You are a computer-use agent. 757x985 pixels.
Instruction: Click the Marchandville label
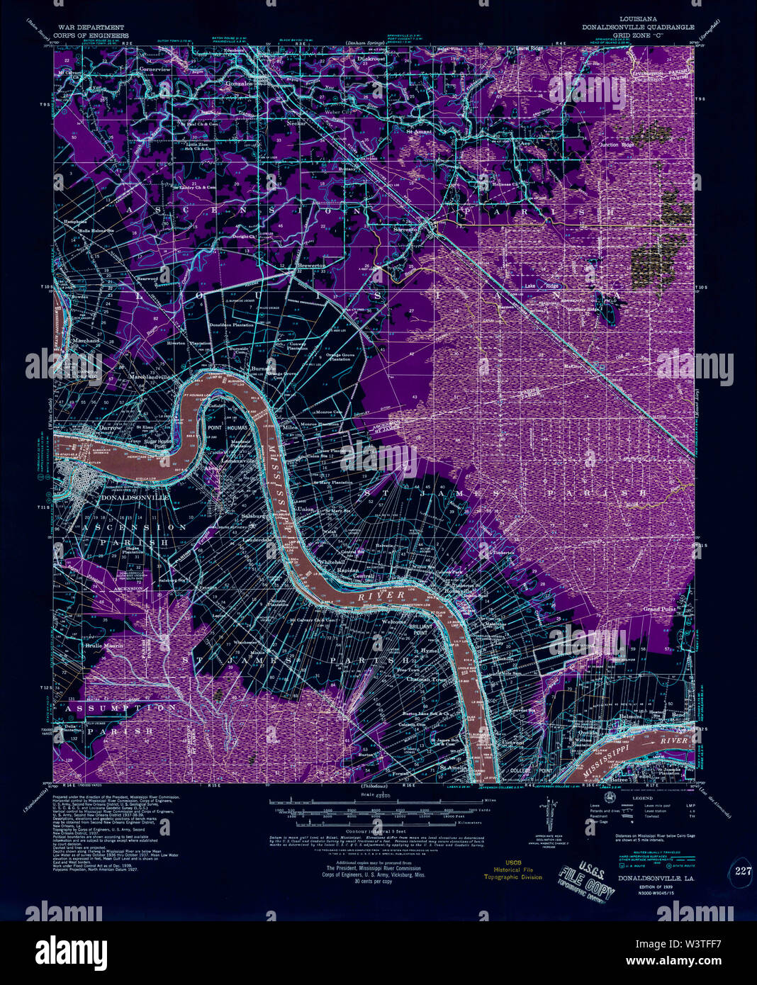pos(152,377)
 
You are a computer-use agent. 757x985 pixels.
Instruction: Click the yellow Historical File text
pos(508,869)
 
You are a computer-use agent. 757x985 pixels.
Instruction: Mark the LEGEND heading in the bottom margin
pos(622,798)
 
